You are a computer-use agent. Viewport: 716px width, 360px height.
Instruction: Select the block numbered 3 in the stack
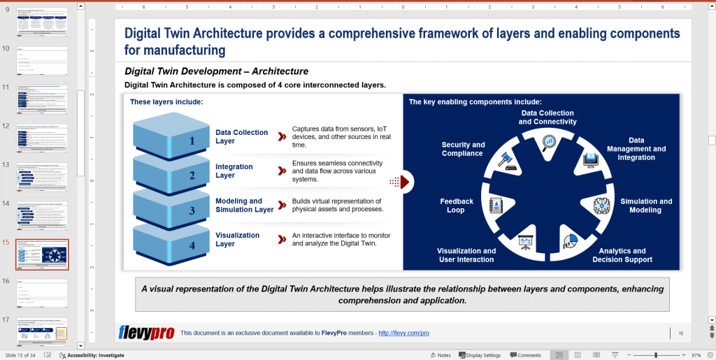click(171, 208)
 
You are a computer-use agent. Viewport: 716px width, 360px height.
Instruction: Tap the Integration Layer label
click(234, 171)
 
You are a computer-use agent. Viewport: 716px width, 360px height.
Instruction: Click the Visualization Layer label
click(237, 240)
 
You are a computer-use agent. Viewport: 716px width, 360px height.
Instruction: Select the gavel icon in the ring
click(507, 162)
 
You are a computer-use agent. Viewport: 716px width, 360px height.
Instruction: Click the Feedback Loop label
click(457, 206)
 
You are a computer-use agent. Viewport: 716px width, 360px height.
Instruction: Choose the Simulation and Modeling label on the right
click(645, 206)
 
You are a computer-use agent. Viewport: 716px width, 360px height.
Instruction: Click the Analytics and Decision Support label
click(622, 255)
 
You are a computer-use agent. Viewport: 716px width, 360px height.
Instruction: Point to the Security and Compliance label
click(463, 149)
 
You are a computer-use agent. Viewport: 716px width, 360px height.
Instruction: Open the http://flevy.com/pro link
click(403, 333)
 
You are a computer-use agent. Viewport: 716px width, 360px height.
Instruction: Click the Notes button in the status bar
click(441, 355)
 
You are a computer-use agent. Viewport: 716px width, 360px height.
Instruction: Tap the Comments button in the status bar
click(525, 355)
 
